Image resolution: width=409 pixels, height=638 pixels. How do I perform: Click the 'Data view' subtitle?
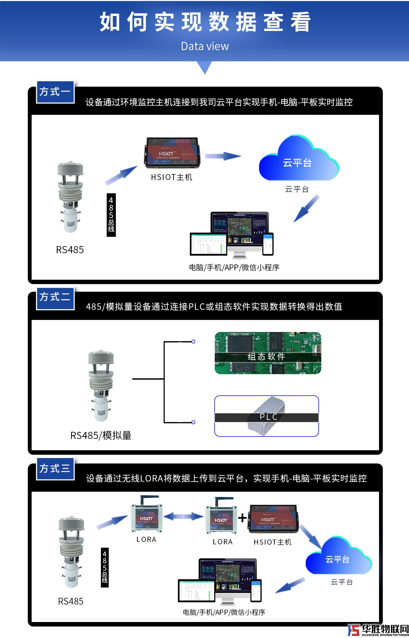[x=205, y=46]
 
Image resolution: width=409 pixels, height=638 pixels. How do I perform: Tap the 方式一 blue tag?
[x=55, y=92]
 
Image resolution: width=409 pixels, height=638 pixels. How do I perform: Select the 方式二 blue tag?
[x=55, y=298]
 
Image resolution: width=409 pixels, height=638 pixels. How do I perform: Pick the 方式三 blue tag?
[x=55, y=469]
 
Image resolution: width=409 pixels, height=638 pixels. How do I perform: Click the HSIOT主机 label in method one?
[x=171, y=177]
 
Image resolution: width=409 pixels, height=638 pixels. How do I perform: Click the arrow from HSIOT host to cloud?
[x=223, y=156]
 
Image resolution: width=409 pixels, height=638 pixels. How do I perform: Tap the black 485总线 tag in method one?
[x=111, y=215]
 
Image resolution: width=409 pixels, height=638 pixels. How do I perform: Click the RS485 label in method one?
[x=70, y=250]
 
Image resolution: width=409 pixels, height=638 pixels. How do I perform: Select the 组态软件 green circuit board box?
[x=268, y=353]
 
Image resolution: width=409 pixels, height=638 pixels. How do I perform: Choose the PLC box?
[x=267, y=416]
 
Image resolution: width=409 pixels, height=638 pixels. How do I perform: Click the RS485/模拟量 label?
[x=101, y=436]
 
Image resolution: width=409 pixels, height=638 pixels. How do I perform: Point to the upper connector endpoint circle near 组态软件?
[x=193, y=341]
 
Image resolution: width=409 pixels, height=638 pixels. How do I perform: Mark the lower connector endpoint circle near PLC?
[x=193, y=422]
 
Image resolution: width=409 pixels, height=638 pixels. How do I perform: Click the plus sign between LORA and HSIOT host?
[x=242, y=518]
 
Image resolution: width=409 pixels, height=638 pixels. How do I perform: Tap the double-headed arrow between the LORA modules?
[x=183, y=516]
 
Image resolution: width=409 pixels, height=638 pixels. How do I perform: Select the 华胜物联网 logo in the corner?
[x=378, y=630]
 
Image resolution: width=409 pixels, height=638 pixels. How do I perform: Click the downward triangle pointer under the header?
[x=205, y=67]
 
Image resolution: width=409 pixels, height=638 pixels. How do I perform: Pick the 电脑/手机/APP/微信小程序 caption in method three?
[x=224, y=612]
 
